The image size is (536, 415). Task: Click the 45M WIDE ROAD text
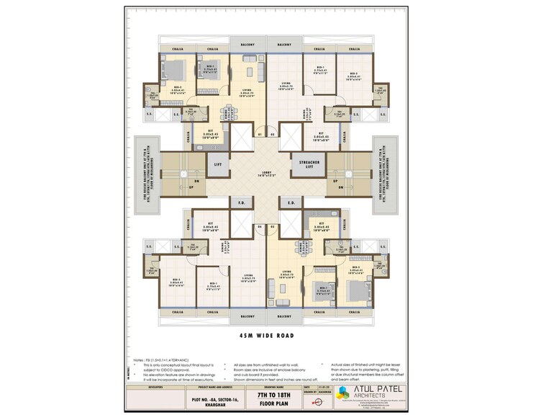tap(268, 335)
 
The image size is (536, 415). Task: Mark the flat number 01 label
tap(260, 134)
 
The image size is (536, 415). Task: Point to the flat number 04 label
tap(260, 226)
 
